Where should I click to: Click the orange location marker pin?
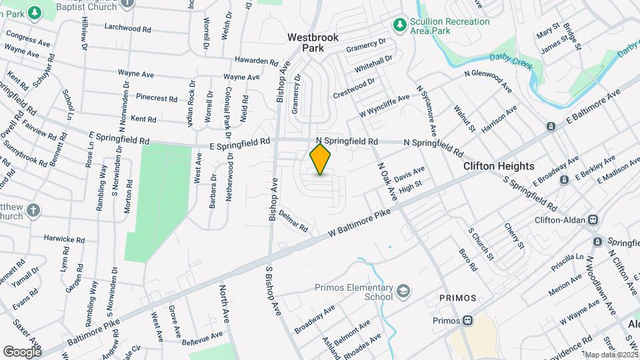[x=321, y=159]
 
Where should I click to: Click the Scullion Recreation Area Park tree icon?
[x=399, y=25]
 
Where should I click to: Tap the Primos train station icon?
[x=468, y=321]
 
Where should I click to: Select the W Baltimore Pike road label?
[x=359, y=224]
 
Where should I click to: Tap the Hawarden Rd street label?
[x=256, y=61]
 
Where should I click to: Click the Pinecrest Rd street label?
[x=156, y=98]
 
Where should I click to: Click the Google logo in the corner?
[x=23, y=351]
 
